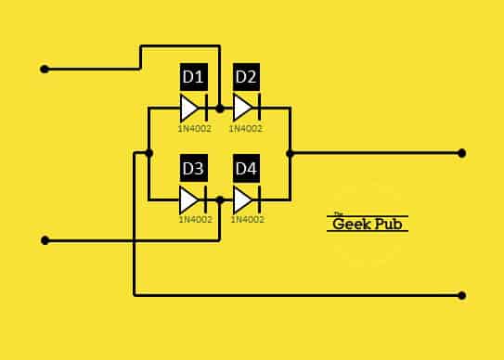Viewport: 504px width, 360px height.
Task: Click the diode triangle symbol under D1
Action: tap(192, 108)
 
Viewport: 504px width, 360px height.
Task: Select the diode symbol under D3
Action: tap(192, 199)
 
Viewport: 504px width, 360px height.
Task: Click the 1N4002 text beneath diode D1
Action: tap(195, 129)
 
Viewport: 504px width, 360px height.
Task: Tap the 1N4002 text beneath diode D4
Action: tap(247, 220)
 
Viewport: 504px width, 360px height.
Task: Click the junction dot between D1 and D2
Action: tap(219, 108)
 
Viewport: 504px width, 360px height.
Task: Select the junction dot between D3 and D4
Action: tap(219, 199)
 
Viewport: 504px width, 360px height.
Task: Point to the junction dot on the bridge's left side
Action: tap(149, 153)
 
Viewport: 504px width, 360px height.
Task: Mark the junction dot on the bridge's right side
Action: tap(290, 153)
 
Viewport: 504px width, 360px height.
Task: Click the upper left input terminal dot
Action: tap(44, 69)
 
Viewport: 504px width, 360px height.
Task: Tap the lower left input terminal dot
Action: tap(44, 241)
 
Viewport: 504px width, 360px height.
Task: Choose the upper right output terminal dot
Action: tap(462, 153)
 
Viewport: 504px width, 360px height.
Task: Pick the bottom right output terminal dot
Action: tap(462, 296)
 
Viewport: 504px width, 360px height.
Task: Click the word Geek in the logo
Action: tap(352, 224)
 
